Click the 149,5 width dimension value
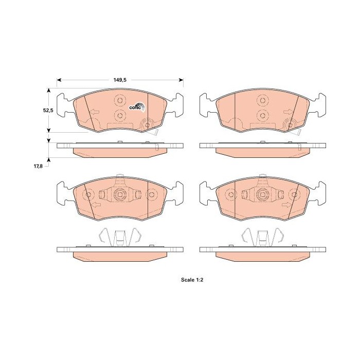coord(120,80)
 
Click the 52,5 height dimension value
coord(48,110)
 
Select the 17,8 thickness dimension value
coord(39,166)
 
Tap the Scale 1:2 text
coord(192,280)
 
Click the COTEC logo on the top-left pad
coord(137,107)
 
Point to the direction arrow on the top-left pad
coord(94,112)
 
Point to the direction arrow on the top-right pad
coord(289,112)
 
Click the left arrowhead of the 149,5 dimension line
coord(59,80)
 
